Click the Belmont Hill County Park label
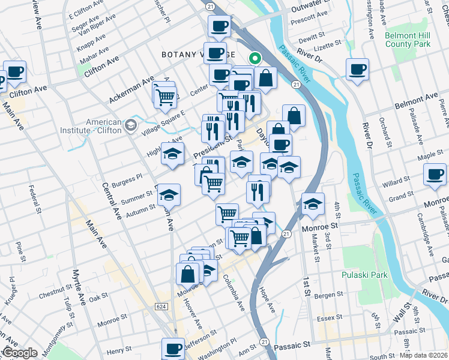click(x=408, y=40)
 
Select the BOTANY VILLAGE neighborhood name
click(x=197, y=54)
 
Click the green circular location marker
click(x=255, y=59)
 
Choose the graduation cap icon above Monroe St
click(x=312, y=205)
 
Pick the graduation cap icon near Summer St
click(x=169, y=194)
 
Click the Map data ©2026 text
click(x=424, y=355)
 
